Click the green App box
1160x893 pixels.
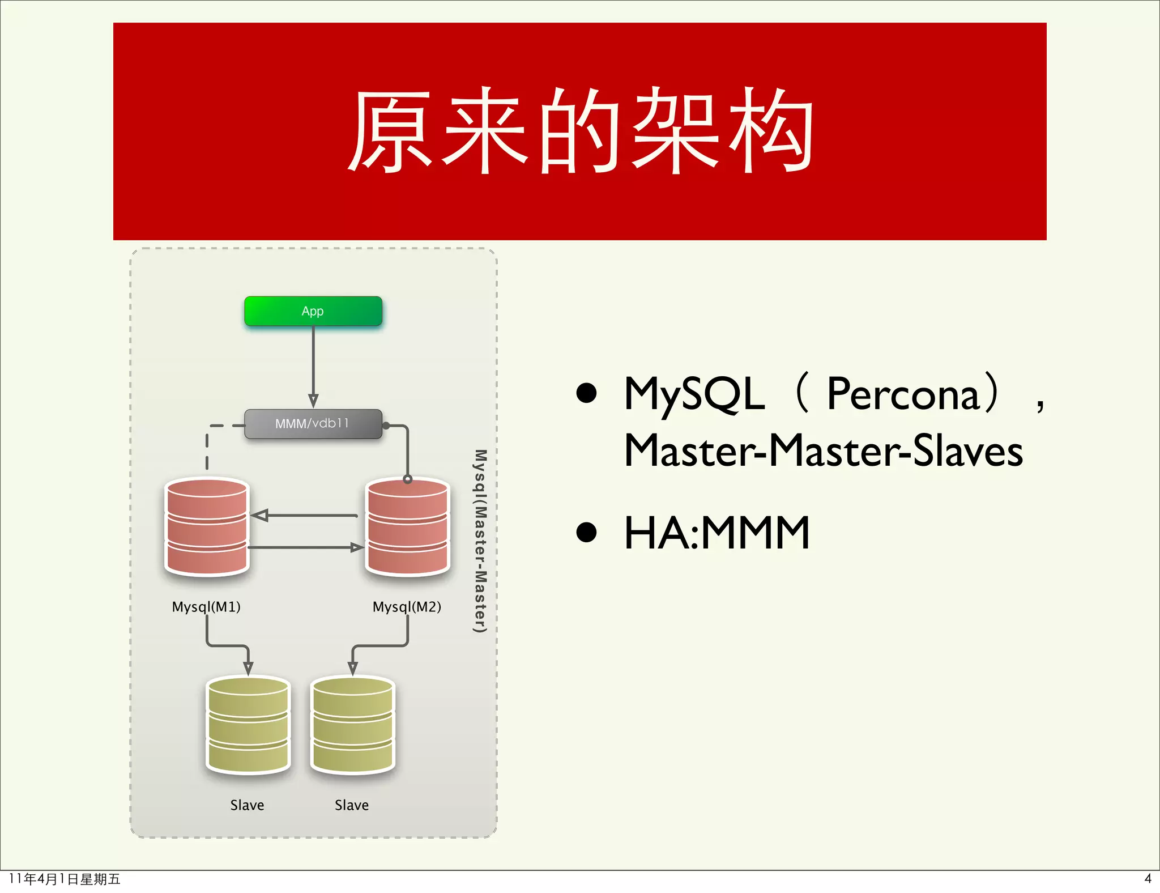pyautogui.click(x=313, y=311)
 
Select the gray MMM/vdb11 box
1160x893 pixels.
pyautogui.click(x=313, y=424)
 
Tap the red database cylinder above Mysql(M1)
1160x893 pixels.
pyautogui.click(x=207, y=527)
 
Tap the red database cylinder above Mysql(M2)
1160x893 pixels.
pyautogui.click(x=408, y=527)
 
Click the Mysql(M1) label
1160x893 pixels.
pyautogui.click(x=206, y=607)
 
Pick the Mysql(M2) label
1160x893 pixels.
pyautogui.click(x=407, y=607)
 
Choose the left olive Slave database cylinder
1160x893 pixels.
pyautogui.click(x=248, y=725)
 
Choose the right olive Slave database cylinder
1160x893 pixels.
pyautogui.click(x=353, y=725)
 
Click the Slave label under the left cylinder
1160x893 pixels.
pyautogui.click(x=247, y=805)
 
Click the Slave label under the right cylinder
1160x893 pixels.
pyautogui.click(x=352, y=805)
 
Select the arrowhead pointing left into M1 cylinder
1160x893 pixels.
pyautogui.click(x=259, y=516)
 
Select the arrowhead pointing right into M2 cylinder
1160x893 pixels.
pyautogui.click(x=356, y=547)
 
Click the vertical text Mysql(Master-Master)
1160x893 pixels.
pyautogui.click(x=480, y=541)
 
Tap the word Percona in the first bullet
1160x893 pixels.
pyautogui.click(x=903, y=394)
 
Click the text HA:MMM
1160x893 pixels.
pyautogui.click(x=717, y=533)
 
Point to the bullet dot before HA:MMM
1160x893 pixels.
pyautogui.click(x=587, y=533)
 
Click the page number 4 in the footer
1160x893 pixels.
pyautogui.click(x=1148, y=879)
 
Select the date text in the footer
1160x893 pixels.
pyautogui.click(x=65, y=879)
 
